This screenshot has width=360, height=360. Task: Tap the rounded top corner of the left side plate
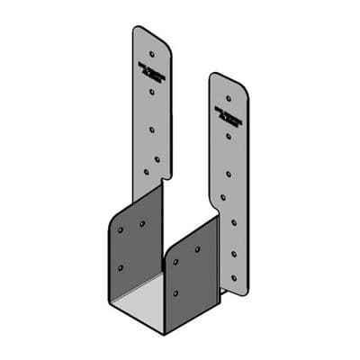click(x=114, y=220)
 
